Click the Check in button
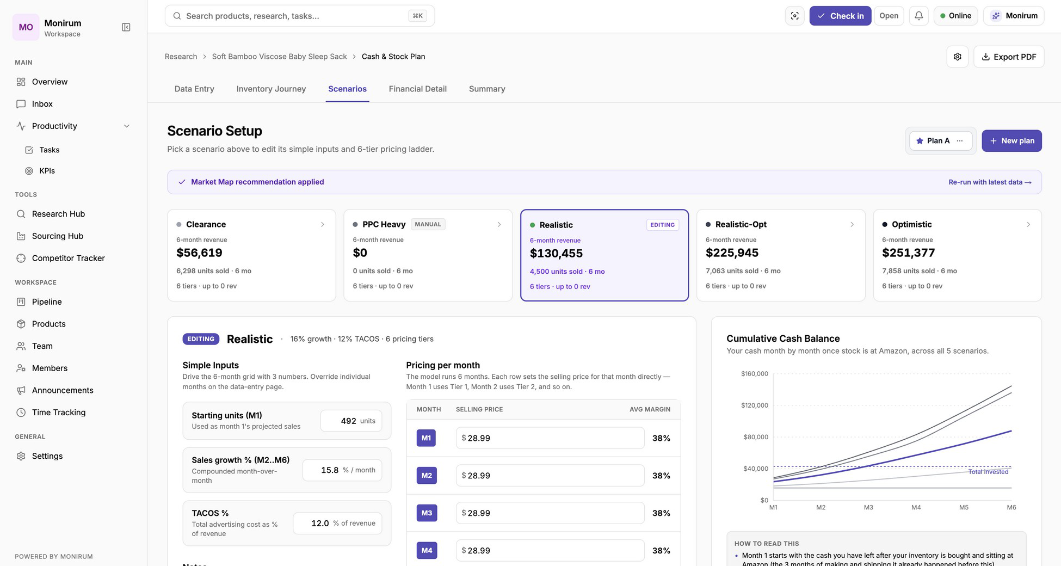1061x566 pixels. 840,16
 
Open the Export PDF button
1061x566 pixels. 1009,57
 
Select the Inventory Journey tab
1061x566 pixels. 271,89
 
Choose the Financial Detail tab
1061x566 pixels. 417,89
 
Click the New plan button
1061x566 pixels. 1011,140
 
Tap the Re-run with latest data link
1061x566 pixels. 990,182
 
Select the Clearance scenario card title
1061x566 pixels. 206,224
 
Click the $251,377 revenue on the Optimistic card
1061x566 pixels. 908,253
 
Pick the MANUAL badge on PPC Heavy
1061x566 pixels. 428,224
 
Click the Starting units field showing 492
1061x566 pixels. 351,421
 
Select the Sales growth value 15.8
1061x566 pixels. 330,470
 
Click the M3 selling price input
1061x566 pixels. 550,513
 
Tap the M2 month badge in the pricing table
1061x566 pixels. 427,476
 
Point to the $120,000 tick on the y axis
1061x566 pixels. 754,405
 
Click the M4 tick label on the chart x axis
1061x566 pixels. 916,507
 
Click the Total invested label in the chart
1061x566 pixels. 988,472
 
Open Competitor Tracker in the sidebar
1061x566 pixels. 68,258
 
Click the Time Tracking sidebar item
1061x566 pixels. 59,413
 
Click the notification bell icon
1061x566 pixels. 918,16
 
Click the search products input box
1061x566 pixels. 300,16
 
